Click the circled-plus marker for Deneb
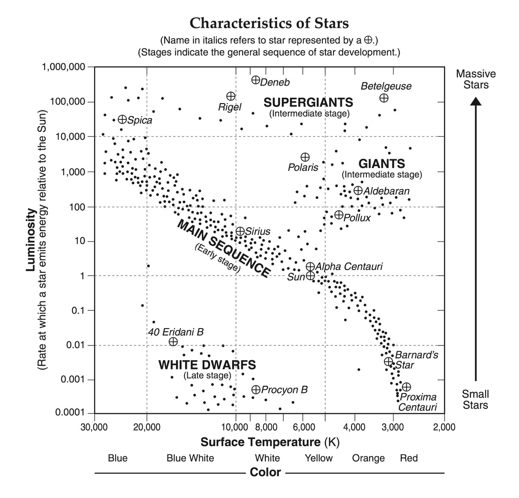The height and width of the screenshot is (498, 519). pos(255,80)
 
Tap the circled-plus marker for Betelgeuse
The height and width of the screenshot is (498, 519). pos(384,98)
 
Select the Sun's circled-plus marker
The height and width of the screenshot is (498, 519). pos(310,276)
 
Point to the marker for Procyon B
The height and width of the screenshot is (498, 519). pos(256,389)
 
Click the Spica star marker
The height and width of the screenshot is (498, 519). pos(122,119)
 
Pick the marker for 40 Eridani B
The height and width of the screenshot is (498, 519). pos(173,341)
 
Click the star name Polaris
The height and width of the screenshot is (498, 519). pos(303,167)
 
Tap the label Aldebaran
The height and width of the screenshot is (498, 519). pos(386,191)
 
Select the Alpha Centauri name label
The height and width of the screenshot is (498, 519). pos(349,266)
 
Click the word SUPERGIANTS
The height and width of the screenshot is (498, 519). pos(308,102)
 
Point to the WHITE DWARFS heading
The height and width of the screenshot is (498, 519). pos(207,365)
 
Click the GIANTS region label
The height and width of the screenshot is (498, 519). pos(382,164)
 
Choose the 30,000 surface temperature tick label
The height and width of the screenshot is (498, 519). pos(94,427)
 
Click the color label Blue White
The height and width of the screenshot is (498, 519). pos(190,458)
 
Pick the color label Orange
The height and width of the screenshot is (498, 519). pos(368,458)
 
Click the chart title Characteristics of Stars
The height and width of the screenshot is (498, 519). pos(269,23)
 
